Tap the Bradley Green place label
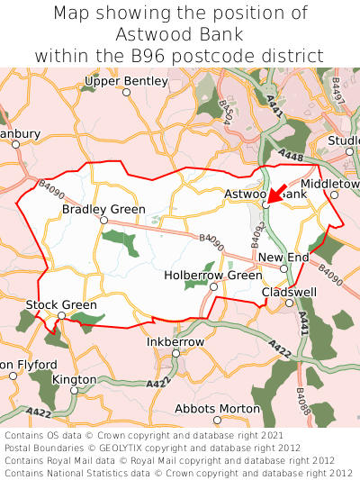103,210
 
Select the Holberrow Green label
213,276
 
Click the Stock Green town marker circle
61,316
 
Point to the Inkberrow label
175,342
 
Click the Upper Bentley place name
126,81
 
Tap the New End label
283,258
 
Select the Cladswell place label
289,293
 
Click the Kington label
74,379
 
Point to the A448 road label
291,156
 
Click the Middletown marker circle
334,195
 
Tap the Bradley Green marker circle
103,221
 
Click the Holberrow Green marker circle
213,287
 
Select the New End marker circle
283,268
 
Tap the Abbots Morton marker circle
217,420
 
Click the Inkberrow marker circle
176,354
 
